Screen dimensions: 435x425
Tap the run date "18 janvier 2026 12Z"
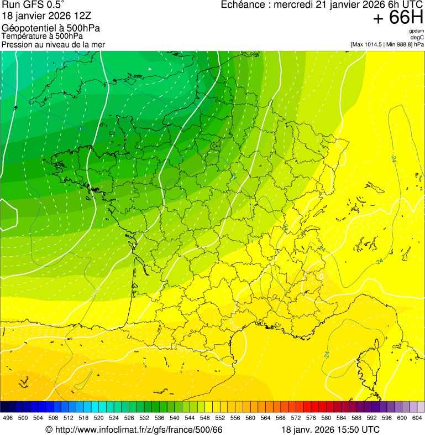pyautogui.click(x=42, y=17)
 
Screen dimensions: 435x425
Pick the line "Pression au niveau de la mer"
pyautogui.click(x=53, y=44)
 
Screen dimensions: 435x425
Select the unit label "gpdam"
pyautogui.click(x=416, y=31)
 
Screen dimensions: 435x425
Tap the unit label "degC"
pyautogui.click(x=417, y=38)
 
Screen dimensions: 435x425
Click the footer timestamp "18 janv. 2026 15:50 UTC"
pyautogui.click(x=330, y=429)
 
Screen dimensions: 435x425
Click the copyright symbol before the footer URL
pyautogui.click(x=49, y=429)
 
